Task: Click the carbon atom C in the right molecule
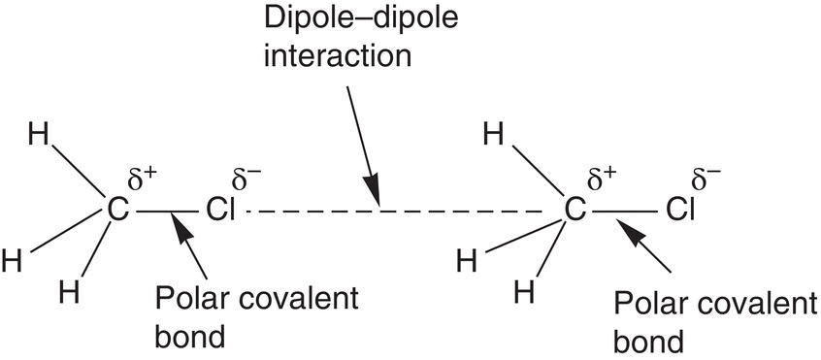click(x=575, y=211)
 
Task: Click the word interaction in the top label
click(x=338, y=55)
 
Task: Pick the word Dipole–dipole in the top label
click(x=361, y=19)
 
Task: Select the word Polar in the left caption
click(x=188, y=300)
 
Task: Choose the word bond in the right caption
click(x=648, y=343)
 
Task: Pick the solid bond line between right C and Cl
click(x=624, y=212)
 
